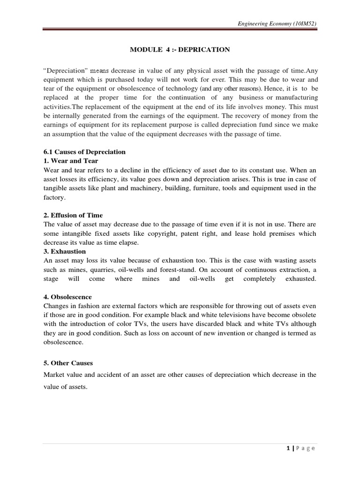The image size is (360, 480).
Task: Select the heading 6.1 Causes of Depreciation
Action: [x=83, y=152]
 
